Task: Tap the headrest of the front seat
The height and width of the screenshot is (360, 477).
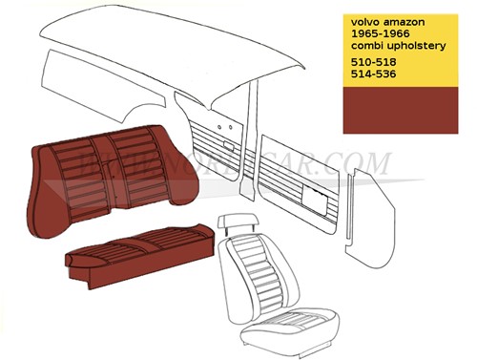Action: click(x=235, y=222)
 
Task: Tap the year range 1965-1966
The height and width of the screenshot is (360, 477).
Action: click(x=381, y=32)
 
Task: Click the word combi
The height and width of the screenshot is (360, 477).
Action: click(x=368, y=45)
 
